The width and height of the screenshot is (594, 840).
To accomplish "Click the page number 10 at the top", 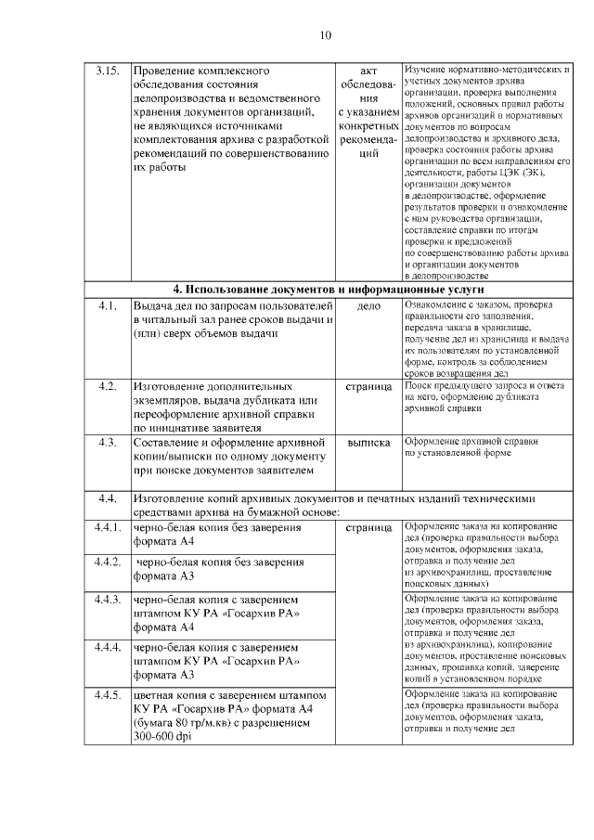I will pos(326,35).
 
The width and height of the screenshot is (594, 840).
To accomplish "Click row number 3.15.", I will pos(109,71).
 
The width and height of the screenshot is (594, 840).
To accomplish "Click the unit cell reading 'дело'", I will pos(368,305).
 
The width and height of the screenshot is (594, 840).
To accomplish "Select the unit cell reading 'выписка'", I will pos(368,443).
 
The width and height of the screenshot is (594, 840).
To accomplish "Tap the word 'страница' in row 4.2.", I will pos(368,385).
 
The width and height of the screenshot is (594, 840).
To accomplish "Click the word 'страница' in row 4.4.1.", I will pos(368,527).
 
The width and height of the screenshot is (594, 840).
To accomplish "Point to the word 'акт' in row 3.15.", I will pos(368,71).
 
